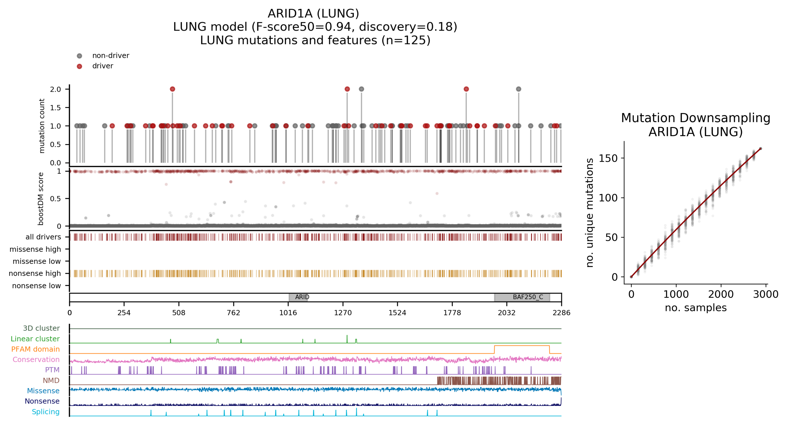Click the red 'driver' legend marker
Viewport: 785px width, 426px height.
point(79,66)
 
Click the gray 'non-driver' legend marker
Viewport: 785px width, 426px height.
point(79,56)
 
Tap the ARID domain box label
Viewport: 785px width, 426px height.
point(302,297)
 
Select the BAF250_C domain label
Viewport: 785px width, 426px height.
point(528,297)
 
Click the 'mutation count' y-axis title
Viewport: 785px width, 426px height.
point(42,126)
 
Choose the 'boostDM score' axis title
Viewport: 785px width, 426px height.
point(40,199)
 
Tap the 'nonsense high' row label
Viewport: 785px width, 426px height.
point(35,274)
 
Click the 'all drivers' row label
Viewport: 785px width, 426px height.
point(43,237)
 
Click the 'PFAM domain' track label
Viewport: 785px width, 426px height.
point(35,349)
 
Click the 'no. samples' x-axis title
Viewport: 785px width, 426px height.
point(696,308)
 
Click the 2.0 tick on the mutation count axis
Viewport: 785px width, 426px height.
point(55,89)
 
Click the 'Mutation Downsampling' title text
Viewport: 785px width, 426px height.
point(696,118)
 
